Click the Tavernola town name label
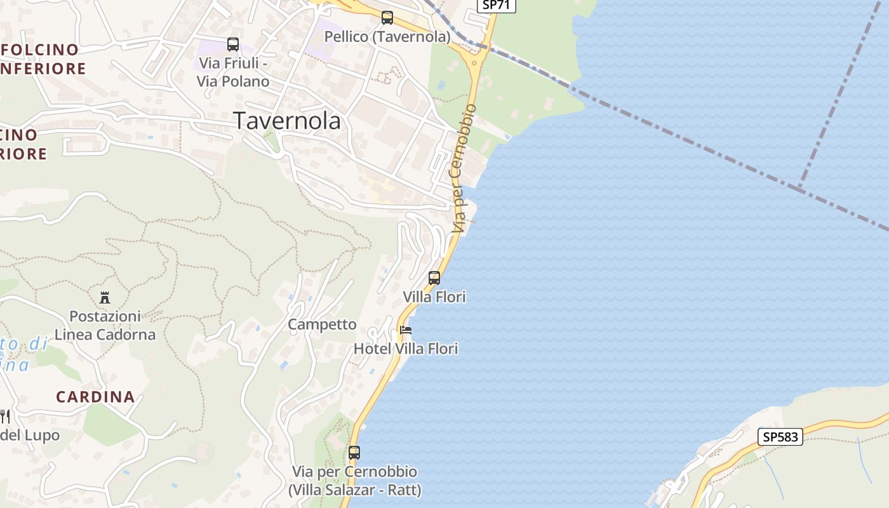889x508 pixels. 287,121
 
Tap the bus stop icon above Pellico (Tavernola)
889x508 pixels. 387,18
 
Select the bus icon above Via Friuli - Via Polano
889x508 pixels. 233,44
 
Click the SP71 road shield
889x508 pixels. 496,4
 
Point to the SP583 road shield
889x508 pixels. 780,437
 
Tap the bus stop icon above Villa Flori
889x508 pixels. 434,278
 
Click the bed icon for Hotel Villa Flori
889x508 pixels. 406,330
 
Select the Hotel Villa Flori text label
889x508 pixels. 405,349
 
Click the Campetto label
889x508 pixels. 322,324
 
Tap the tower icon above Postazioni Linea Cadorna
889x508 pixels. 105,297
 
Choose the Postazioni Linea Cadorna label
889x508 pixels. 105,325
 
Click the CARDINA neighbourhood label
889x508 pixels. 95,397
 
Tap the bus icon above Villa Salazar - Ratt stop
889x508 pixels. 354,453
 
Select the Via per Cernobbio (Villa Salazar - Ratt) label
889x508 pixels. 354,481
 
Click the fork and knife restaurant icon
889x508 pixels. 5,417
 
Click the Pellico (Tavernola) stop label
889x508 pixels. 387,37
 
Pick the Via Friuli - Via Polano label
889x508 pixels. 233,72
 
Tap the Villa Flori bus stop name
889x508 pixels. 434,297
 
